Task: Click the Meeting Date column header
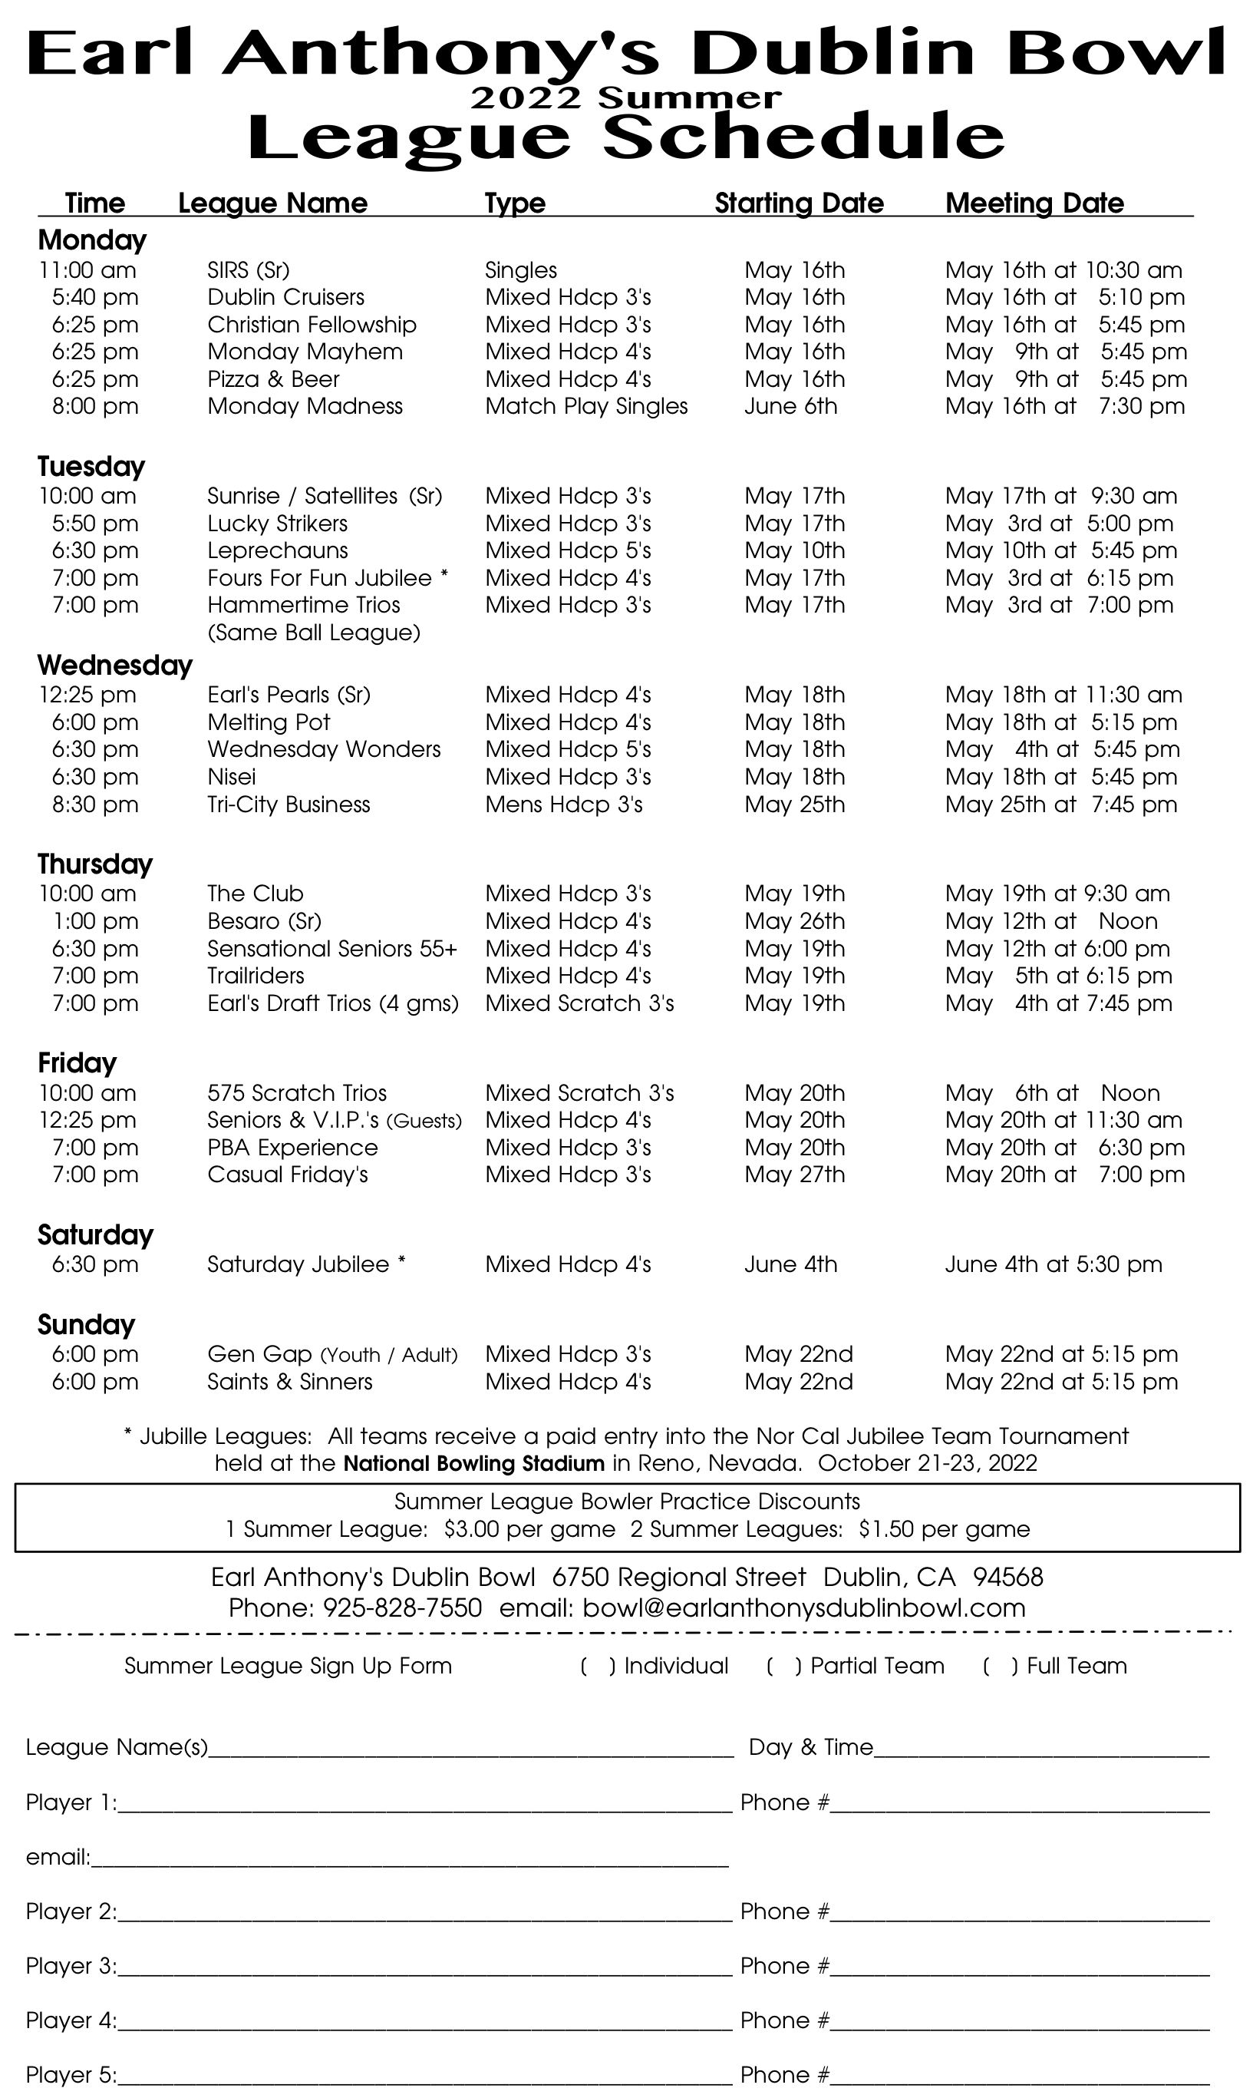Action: coord(1034,203)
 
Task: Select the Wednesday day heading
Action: coord(115,666)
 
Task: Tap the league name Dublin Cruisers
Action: coord(285,297)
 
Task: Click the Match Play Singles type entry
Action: coord(586,406)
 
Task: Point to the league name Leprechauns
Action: coord(277,550)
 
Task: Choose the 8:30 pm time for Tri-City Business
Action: coord(94,805)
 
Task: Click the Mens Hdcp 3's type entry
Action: coord(563,805)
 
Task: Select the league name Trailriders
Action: coord(255,976)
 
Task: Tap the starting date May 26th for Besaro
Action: coord(793,921)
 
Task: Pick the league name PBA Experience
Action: coord(292,1148)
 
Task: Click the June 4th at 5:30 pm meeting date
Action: coord(1053,1264)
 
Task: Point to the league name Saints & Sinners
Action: coord(289,1382)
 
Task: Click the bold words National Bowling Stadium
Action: coord(473,1464)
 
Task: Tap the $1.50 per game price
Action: coord(944,1530)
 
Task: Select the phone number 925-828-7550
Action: coord(402,1607)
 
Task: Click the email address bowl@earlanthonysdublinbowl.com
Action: coord(804,1607)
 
